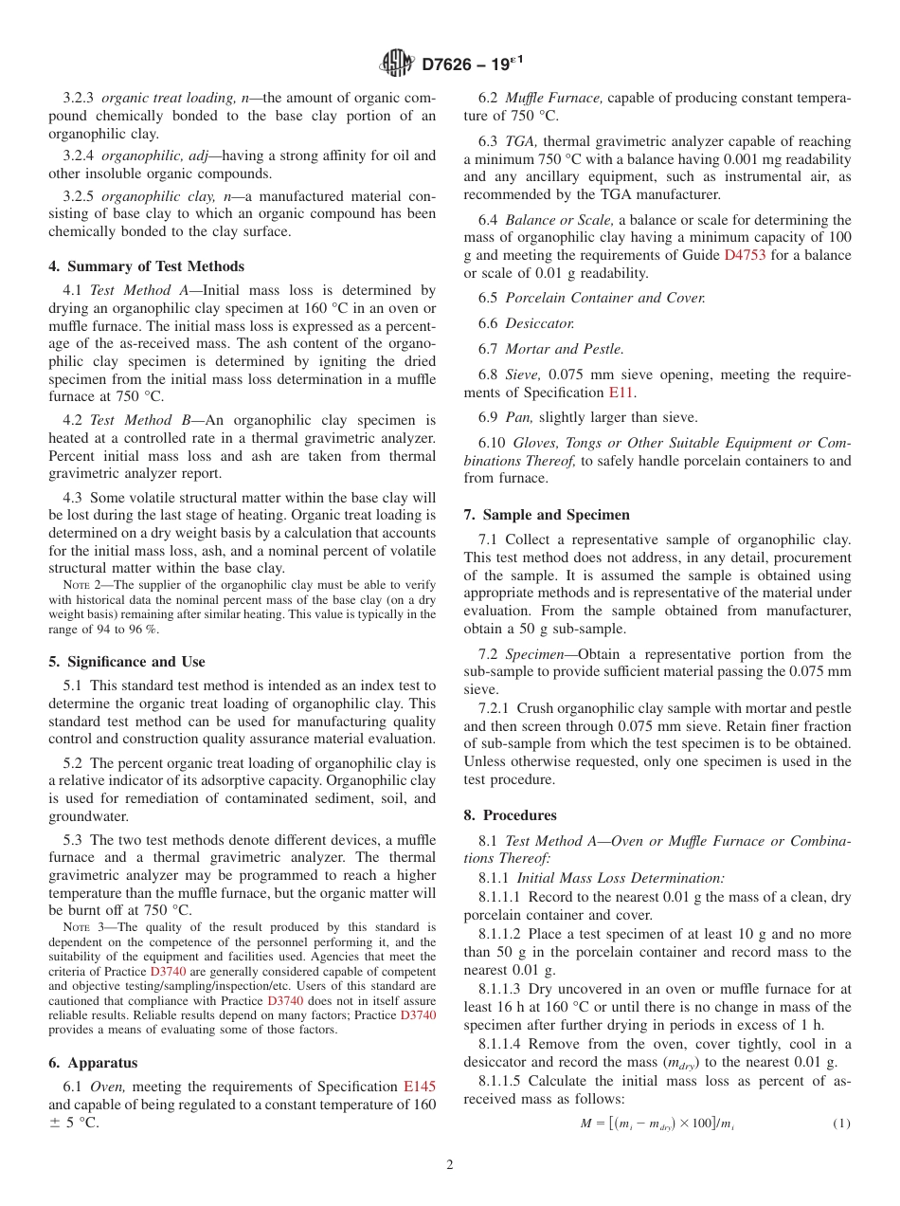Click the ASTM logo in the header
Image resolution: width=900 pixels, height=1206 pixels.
click(x=397, y=64)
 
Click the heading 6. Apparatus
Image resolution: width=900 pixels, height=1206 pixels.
click(x=93, y=1064)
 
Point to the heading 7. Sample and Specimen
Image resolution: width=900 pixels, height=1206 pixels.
click(x=547, y=515)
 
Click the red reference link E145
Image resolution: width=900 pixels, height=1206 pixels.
click(x=420, y=1087)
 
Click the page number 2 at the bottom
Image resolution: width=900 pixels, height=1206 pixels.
click(x=450, y=1165)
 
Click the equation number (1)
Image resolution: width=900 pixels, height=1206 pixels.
click(x=841, y=1124)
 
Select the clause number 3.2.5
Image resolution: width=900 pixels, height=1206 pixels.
click(x=79, y=197)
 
